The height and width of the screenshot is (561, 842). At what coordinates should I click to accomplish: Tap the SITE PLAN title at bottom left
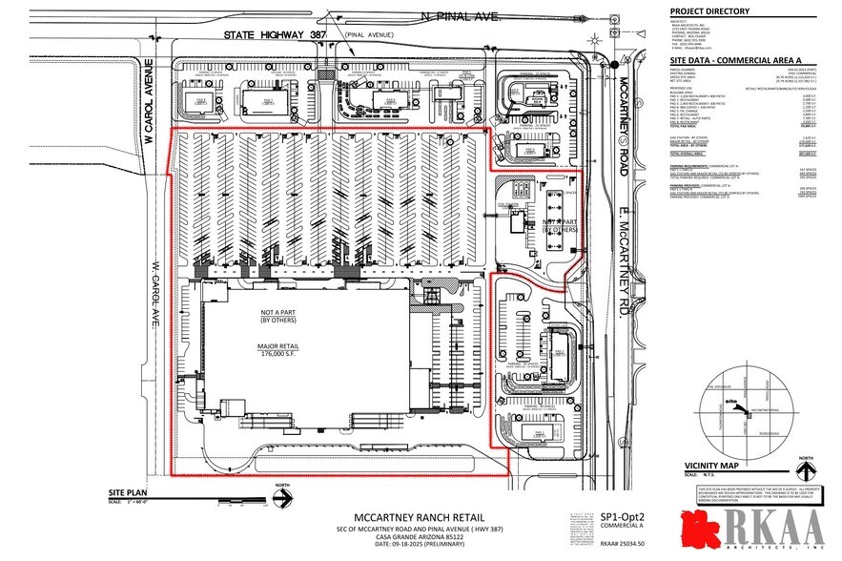point(125,493)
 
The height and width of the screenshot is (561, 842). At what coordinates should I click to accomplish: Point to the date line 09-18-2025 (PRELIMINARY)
point(406,547)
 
